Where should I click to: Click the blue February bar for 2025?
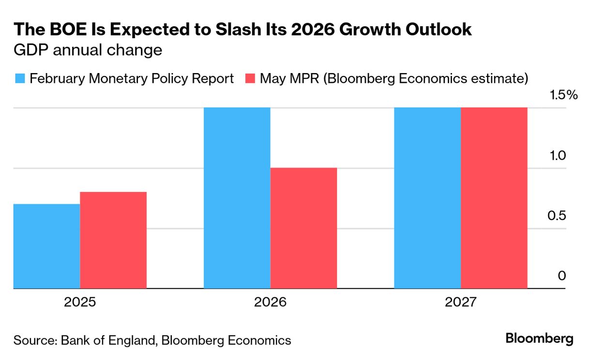point(46,246)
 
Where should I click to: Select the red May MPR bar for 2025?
point(113,240)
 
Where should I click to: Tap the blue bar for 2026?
point(237,198)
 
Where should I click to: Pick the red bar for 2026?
point(304,228)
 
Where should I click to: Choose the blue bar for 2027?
point(427,198)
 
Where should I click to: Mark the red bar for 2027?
point(494,198)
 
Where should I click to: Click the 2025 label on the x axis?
point(80,303)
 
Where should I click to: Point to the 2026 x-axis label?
point(270,303)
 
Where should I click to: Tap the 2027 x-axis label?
point(460,303)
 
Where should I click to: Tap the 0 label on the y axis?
point(562,276)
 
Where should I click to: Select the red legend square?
point(250,79)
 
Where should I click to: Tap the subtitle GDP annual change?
point(88,50)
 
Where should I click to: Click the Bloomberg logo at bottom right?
point(539,339)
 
